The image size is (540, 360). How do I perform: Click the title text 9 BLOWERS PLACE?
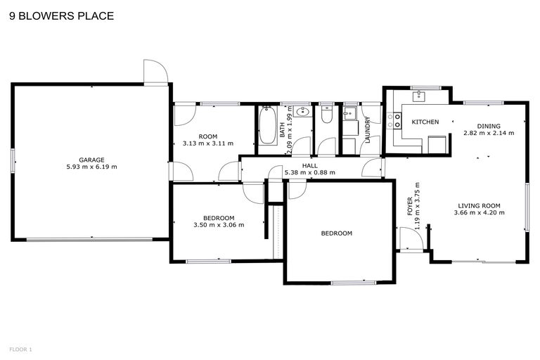[x=60, y=15]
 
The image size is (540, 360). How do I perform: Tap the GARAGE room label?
[x=91, y=160]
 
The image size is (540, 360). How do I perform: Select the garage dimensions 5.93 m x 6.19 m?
[x=91, y=167]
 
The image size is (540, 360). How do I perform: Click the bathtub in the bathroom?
[x=266, y=129]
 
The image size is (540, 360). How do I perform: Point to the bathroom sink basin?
[x=303, y=111]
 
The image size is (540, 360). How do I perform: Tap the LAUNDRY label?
[x=368, y=130]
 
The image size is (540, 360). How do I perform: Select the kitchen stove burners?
[x=394, y=121]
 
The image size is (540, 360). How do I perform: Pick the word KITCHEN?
[x=425, y=122]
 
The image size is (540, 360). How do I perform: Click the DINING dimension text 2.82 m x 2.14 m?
[x=488, y=132]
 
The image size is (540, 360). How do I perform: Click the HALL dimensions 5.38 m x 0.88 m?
[x=309, y=172]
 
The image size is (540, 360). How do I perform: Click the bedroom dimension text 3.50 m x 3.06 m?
[x=219, y=226]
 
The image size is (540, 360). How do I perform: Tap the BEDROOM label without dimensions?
[x=336, y=233]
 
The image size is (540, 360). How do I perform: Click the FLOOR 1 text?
[x=20, y=349]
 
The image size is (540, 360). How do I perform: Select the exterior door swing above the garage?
[x=154, y=70]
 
